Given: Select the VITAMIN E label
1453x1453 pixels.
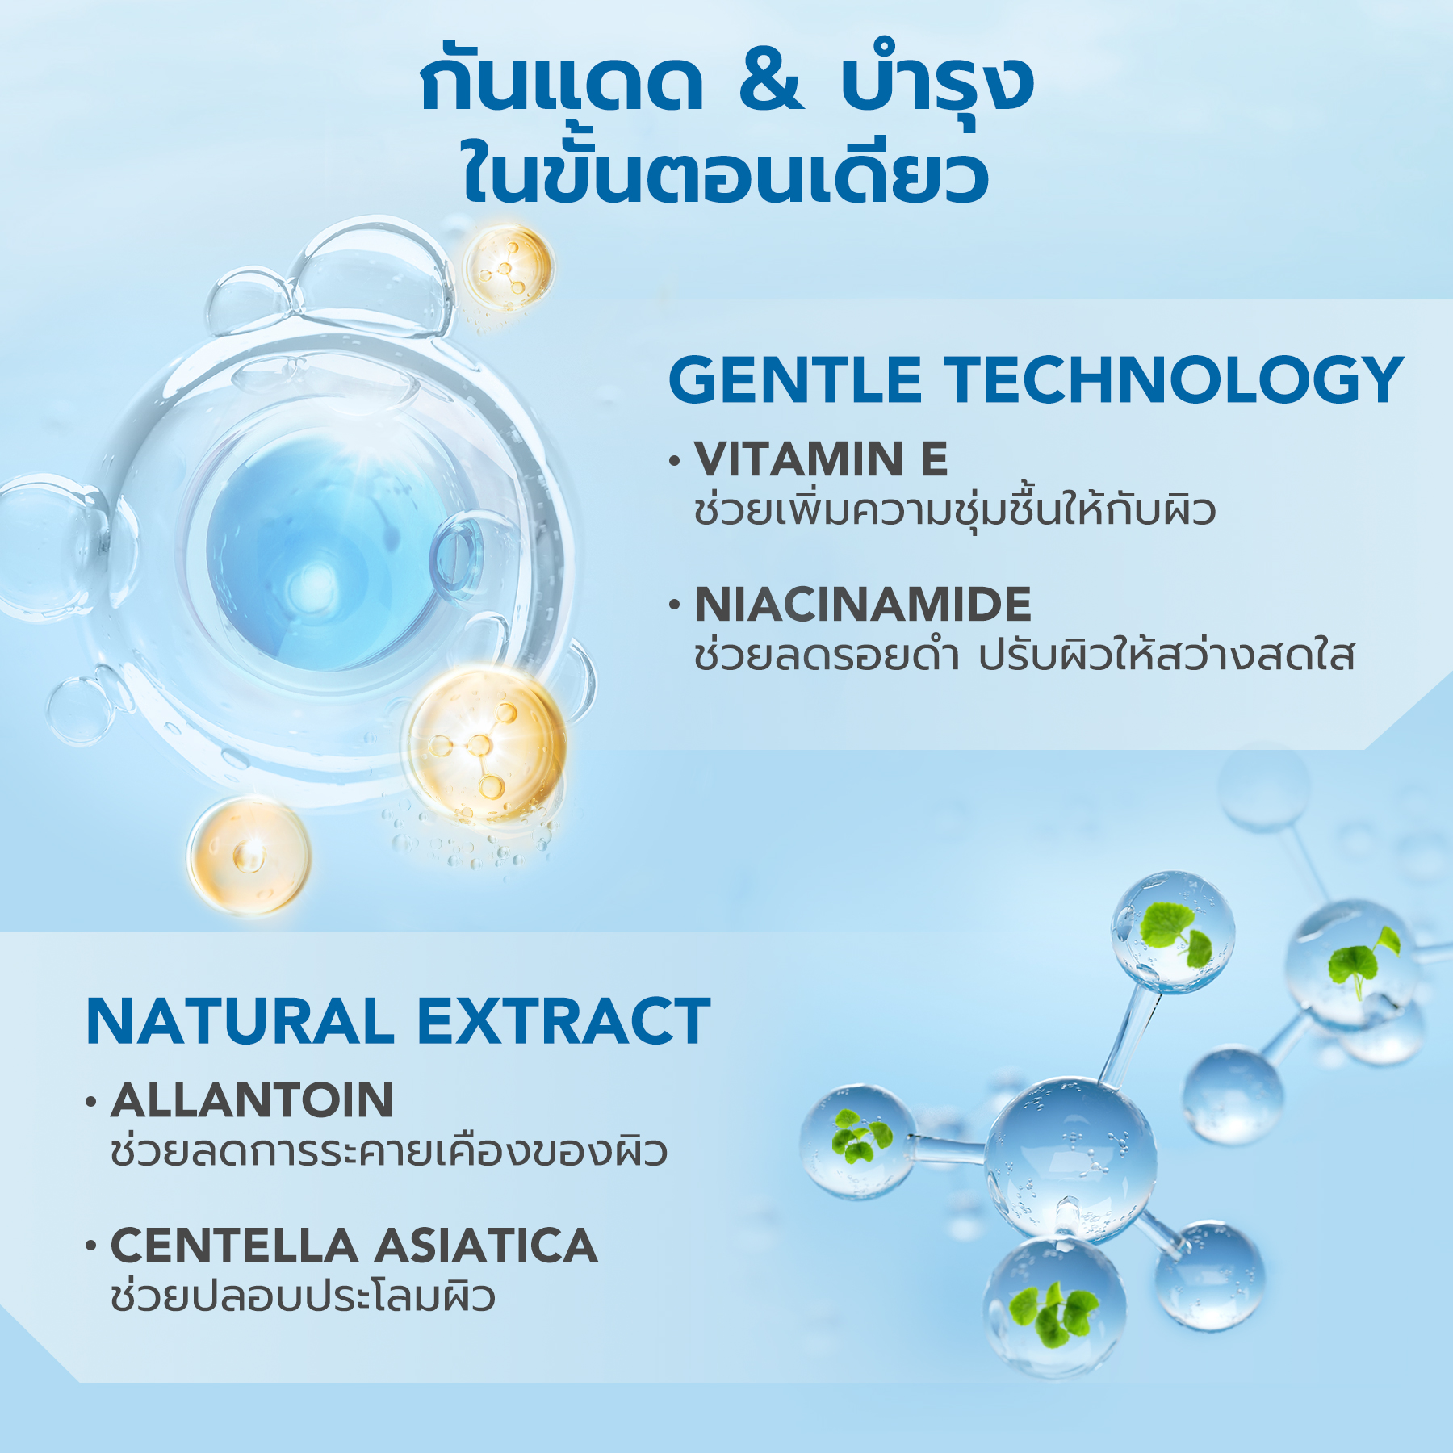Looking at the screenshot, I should (821, 459).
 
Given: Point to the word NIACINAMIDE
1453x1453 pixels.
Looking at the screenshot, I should (863, 605).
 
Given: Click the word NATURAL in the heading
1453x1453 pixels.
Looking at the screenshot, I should (240, 1022).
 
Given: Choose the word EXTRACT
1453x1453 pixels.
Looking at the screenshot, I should (564, 1022).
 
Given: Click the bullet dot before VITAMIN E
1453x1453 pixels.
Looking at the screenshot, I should (675, 462).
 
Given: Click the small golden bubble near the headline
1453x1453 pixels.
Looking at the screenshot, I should (508, 267).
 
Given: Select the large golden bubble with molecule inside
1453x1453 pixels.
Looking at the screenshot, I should (484, 747).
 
